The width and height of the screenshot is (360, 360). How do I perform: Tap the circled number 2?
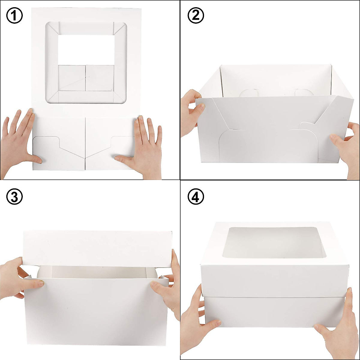pyautogui.click(x=196, y=16)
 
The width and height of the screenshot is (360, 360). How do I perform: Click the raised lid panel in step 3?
pyautogui.click(x=97, y=247)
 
